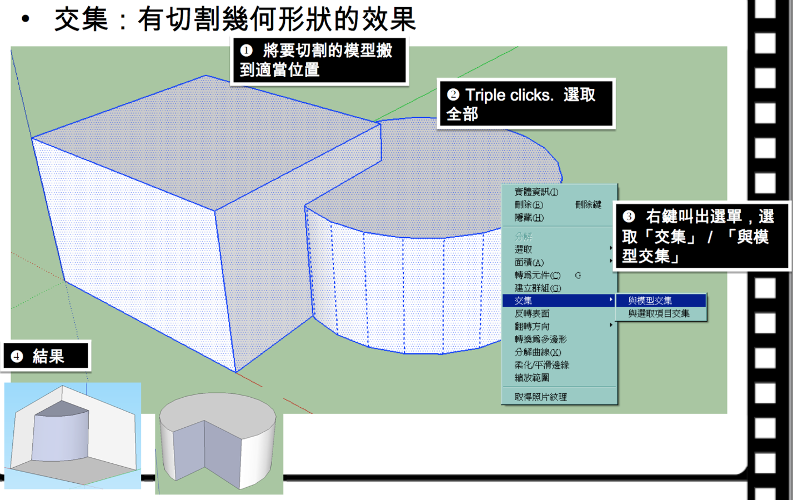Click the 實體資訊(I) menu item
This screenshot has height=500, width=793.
point(536,192)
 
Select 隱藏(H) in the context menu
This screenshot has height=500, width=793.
point(529,218)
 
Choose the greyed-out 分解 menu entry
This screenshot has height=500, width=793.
point(523,236)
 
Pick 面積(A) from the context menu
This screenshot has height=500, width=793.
point(529,262)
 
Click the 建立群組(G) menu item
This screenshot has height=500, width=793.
point(537,288)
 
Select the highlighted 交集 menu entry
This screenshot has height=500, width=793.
point(523,301)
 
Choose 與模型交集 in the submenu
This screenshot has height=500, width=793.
point(650,301)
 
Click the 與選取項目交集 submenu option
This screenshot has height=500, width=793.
point(659,313)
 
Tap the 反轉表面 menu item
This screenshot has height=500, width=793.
point(531,313)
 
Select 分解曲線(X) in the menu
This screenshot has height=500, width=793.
point(537,352)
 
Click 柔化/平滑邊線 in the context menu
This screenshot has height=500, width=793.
point(541,365)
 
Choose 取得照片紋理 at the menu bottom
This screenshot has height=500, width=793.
point(540,397)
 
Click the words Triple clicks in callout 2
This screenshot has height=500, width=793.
point(509,95)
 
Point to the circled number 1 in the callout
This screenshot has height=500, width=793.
point(247,51)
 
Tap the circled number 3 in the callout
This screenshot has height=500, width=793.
point(629,216)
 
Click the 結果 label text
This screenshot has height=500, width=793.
point(48,356)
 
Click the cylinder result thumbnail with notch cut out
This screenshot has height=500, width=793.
point(219,442)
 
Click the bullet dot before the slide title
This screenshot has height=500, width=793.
point(25,19)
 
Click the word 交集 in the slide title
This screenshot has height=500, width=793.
point(81,19)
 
